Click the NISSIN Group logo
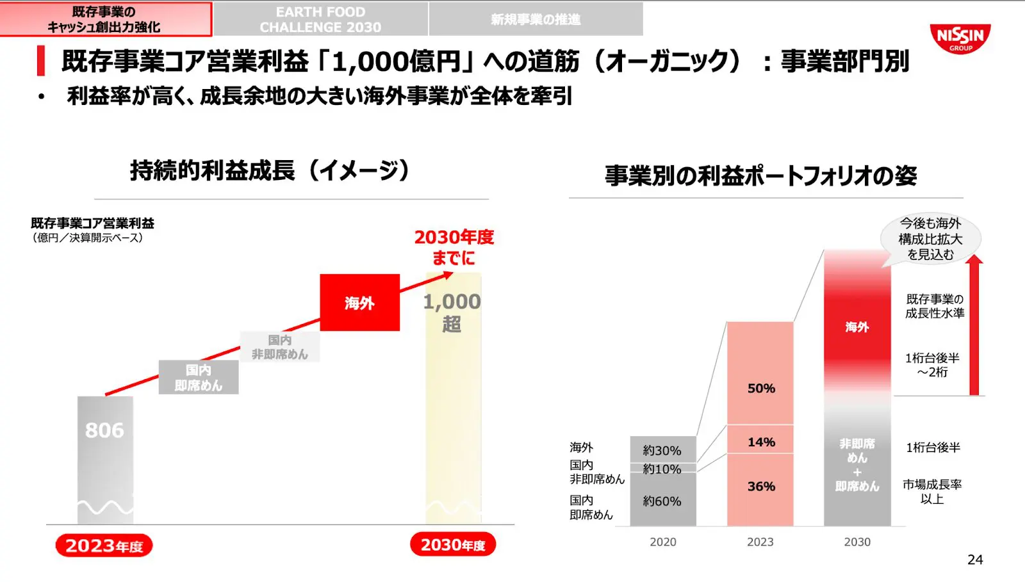pyautogui.click(x=960, y=38)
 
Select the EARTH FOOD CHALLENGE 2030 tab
pyautogui.click(x=320, y=19)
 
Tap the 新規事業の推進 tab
pyautogui.click(x=536, y=19)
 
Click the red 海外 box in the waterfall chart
pyautogui.click(x=359, y=303)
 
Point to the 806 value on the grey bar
pyautogui.click(x=104, y=430)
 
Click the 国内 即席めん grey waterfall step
pyautogui.click(x=199, y=378)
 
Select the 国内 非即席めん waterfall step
pyautogui.click(x=279, y=347)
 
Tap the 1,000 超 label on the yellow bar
pyautogui.click(x=452, y=312)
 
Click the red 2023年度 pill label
pyautogui.click(x=104, y=546)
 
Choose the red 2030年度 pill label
pyautogui.click(x=453, y=545)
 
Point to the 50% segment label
pyautogui.click(x=761, y=389)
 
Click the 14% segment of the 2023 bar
pyautogui.click(x=761, y=442)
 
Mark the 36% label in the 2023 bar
pyautogui.click(x=761, y=487)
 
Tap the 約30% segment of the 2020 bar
pyautogui.click(x=662, y=451)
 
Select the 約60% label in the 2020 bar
pyautogui.click(x=662, y=501)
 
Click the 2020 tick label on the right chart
pyautogui.click(x=662, y=542)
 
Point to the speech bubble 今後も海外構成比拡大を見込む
pyautogui.click(x=931, y=239)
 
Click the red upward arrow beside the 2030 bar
pyautogui.click(x=974, y=327)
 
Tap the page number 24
pyautogui.click(x=975, y=560)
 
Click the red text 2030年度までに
pyautogui.click(x=454, y=247)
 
